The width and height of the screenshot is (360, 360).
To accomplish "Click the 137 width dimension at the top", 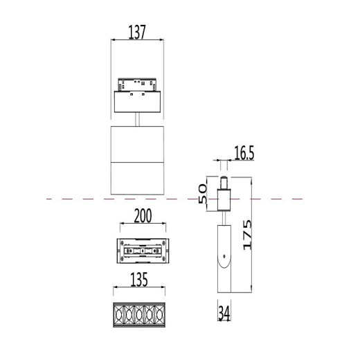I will [137, 33].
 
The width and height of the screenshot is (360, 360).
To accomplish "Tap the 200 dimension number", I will [142, 217].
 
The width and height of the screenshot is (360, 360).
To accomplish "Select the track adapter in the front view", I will [138, 98].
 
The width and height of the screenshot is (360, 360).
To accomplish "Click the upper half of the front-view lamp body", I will [138, 143].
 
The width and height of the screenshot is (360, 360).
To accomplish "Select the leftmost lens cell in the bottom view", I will [119, 314].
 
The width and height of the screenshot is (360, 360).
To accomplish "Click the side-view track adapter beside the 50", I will [223, 196].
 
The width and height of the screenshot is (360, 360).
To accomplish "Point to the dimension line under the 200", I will [142, 226].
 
